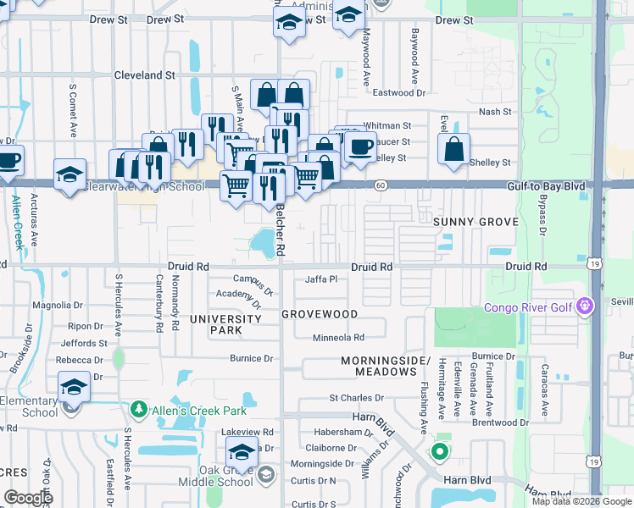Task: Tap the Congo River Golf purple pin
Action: [x=584, y=306]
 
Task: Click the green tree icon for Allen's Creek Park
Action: [x=137, y=410]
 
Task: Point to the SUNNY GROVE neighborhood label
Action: [x=475, y=222]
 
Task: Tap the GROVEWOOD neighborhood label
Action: [x=320, y=314]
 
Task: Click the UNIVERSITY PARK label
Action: [x=225, y=324]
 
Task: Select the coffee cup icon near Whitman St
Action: [x=360, y=146]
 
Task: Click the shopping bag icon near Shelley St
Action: [x=454, y=149]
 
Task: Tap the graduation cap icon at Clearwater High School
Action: [x=70, y=174]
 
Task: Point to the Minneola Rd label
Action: [x=338, y=337]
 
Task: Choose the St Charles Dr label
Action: [x=356, y=397]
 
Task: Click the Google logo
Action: [x=29, y=498]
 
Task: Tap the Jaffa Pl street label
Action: [x=321, y=279]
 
